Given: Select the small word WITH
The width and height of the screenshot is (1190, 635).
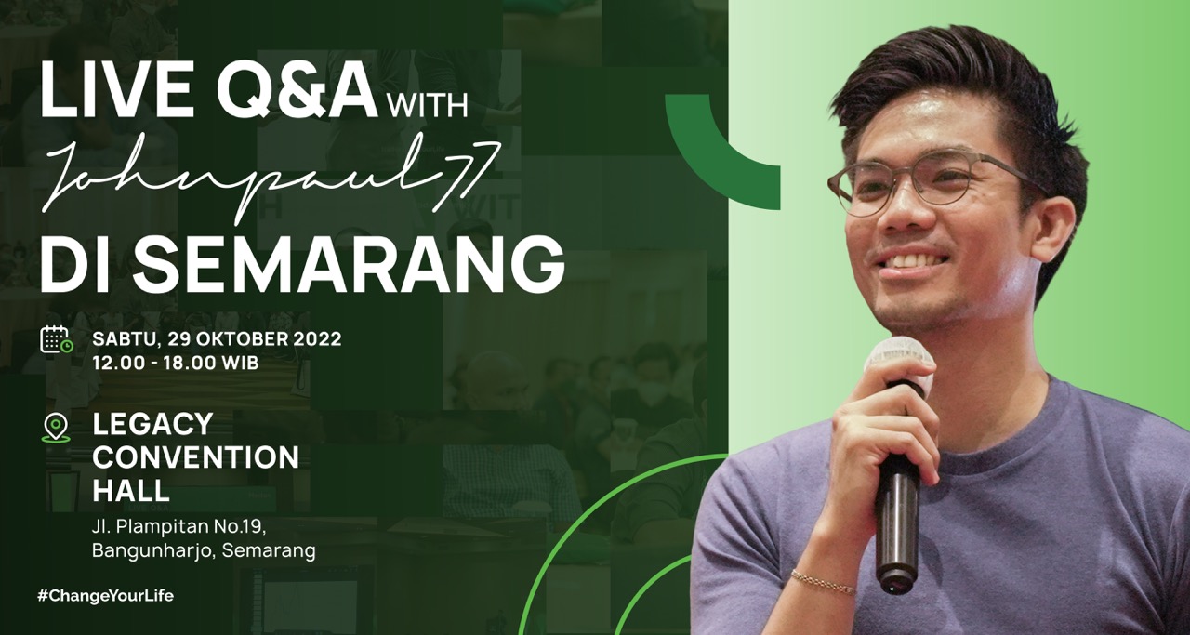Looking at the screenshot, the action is tap(429, 105).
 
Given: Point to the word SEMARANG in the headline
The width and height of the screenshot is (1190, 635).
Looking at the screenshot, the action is tap(349, 265).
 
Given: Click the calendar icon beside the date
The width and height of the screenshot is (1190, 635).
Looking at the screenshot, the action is tap(57, 339).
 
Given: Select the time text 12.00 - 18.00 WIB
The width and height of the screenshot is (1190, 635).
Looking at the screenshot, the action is tap(176, 363).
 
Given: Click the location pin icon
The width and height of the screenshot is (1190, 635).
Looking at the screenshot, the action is tap(56, 429).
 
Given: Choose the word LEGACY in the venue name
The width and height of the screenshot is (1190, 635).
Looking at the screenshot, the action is tap(152, 424).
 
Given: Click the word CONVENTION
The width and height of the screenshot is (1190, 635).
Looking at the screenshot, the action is tap(196, 457).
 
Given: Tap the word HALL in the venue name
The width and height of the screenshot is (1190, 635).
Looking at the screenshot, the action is tap(131, 490).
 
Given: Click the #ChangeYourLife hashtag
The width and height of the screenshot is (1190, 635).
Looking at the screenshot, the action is tap(105, 596).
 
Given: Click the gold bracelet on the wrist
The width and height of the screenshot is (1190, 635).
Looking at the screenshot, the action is tap(823, 581).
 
